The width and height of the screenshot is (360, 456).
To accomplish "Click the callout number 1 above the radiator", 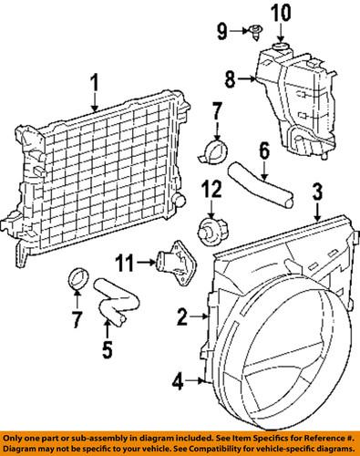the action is click(95, 83).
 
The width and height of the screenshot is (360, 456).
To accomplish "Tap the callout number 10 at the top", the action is click(281, 13).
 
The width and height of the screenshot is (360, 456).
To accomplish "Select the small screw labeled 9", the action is click(254, 32).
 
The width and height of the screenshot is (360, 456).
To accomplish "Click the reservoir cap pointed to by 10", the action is click(281, 47).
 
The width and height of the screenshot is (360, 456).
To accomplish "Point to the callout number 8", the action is click(231, 79).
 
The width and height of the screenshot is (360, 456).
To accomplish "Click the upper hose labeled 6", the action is click(261, 187).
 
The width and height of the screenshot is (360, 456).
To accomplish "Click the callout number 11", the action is click(125, 263).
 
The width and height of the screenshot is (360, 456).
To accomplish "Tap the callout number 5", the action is click(108, 349).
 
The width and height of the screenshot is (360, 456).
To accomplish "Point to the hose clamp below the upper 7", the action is click(214, 153).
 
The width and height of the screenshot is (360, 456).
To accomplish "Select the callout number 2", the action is click(183, 317).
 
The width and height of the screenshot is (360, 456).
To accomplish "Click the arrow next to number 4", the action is click(194, 380).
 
